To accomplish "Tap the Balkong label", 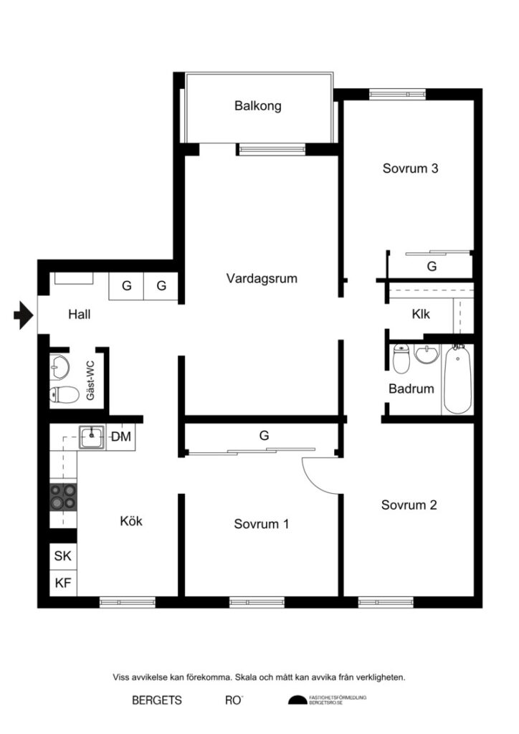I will [x=258, y=106].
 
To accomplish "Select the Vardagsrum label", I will [x=262, y=278].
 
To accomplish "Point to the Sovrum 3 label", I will [x=410, y=169].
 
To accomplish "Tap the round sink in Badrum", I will [x=427, y=355].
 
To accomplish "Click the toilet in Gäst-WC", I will [x=65, y=394].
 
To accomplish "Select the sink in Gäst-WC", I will [x=61, y=367].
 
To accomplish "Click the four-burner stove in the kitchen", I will [x=62, y=496].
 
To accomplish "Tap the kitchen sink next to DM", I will [x=92, y=436].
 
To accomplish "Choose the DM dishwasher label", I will [x=121, y=436].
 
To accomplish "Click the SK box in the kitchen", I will [x=63, y=556].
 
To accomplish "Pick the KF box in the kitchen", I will [x=63, y=583].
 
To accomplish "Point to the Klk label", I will [x=421, y=313].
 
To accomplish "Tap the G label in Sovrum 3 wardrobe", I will [x=432, y=266].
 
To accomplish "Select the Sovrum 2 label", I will [x=409, y=505].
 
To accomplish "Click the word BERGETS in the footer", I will [x=157, y=700].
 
